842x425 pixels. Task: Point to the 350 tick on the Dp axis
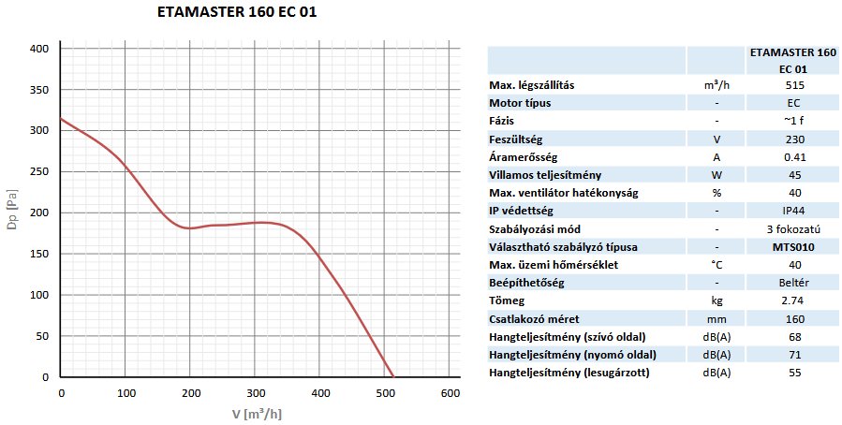[37, 90]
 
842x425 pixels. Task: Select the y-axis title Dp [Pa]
[11, 212]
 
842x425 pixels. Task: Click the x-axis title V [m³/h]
[256, 414]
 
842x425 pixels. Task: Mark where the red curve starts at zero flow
[61, 119]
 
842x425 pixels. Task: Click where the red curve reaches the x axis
[392, 376]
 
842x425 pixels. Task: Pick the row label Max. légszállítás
[532, 85]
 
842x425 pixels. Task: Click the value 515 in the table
[795, 85]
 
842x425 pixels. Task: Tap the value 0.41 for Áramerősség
[795, 157]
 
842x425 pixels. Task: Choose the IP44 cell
[795, 212]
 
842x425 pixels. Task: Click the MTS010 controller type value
[795, 247]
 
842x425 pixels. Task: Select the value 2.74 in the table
[795, 301]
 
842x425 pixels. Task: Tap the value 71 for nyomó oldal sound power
[795, 355]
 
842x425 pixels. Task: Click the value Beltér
[795, 283]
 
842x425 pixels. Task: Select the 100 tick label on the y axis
[37, 295]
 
